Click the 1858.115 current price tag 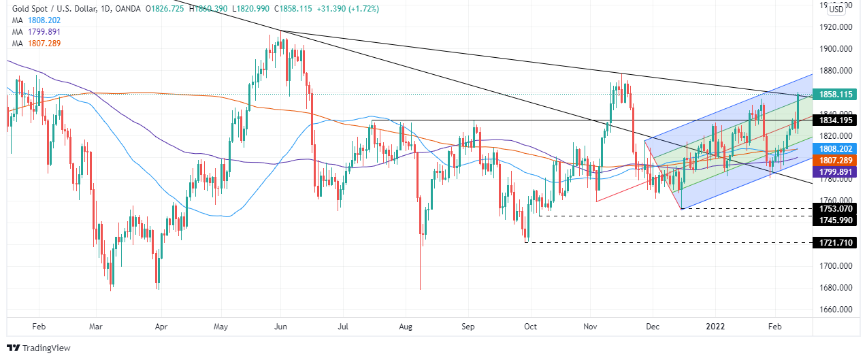click(x=834, y=95)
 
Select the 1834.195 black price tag click(x=834, y=120)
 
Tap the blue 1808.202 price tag click(x=834, y=147)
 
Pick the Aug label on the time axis click(x=406, y=326)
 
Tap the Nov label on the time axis click(x=591, y=326)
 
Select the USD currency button click(x=836, y=9)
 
